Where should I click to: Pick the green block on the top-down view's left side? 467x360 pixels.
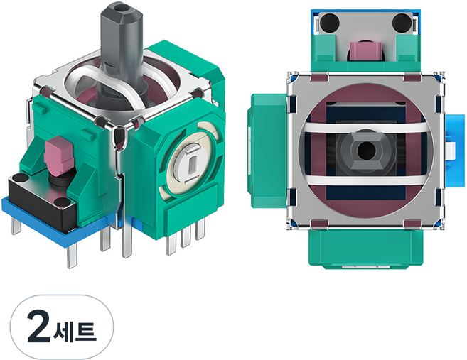[267, 149]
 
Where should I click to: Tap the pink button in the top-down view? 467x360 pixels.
[365, 52]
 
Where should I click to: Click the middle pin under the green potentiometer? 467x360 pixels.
[186, 238]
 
